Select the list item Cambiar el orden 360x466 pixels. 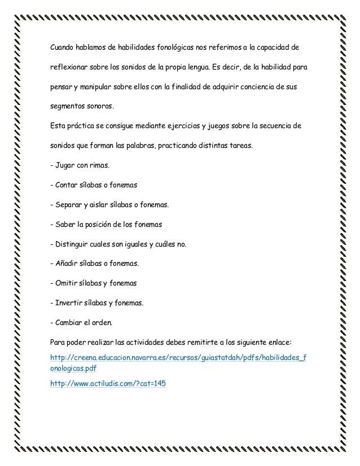(81, 323)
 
